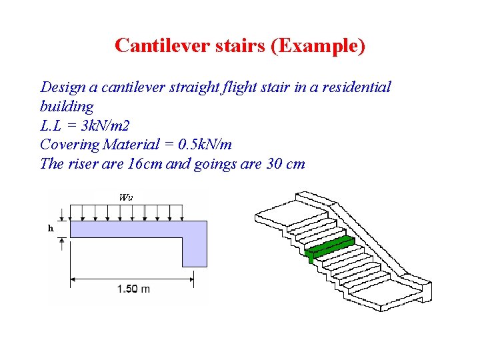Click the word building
tap(67, 107)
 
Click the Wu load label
tap(125, 197)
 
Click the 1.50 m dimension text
tap(133, 289)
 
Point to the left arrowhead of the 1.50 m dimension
tap(74, 278)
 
